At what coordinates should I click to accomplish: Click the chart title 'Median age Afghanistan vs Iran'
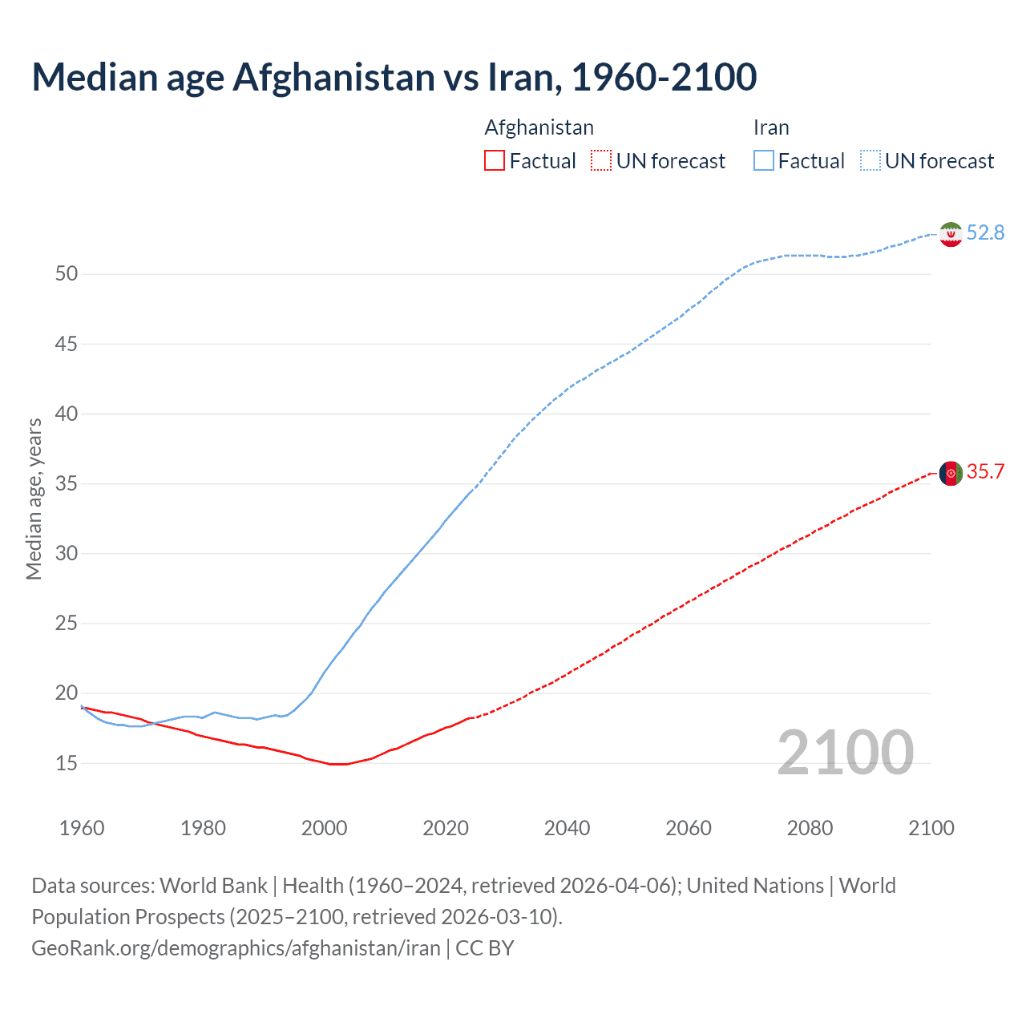pyautogui.click(x=394, y=77)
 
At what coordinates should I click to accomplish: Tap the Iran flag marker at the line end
pyautogui.click(x=950, y=234)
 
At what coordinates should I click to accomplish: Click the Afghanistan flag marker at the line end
pyautogui.click(x=950, y=473)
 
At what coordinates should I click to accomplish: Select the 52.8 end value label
pyautogui.click(x=985, y=232)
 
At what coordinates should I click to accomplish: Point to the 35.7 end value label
pyautogui.click(x=985, y=471)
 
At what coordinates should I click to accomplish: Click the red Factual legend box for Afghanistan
pyautogui.click(x=495, y=161)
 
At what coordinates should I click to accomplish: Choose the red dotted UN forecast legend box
pyautogui.click(x=600, y=161)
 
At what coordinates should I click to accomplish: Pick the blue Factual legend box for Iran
pyautogui.click(x=763, y=161)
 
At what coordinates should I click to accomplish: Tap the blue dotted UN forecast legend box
pyautogui.click(x=870, y=161)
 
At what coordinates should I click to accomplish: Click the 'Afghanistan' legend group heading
pyautogui.click(x=539, y=127)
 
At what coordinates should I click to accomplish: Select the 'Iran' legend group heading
pyautogui.click(x=771, y=127)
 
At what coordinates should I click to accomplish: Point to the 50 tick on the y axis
pyautogui.click(x=67, y=274)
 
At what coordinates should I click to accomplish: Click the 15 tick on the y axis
pyautogui.click(x=67, y=763)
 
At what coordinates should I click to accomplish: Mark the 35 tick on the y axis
pyautogui.click(x=67, y=484)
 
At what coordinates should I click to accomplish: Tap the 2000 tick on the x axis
pyautogui.click(x=324, y=828)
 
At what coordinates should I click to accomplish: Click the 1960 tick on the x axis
pyautogui.click(x=82, y=828)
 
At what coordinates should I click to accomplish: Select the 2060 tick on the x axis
pyautogui.click(x=689, y=828)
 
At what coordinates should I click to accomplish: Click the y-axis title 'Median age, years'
pyautogui.click(x=34, y=499)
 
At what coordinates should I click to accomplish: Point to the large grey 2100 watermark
pyautogui.click(x=845, y=752)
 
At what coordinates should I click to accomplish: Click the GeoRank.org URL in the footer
pyautogui.click(x=236, y=948)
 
